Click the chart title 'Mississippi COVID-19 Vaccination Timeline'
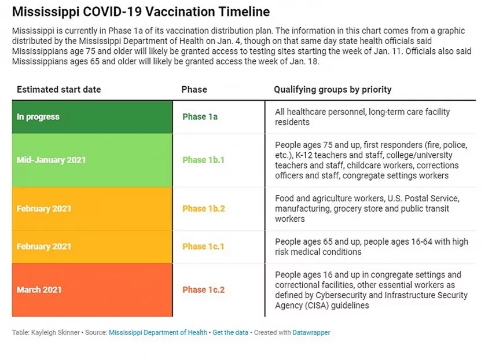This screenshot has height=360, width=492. click(x=141, y=12)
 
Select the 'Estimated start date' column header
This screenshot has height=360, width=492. click(x=59, y=90)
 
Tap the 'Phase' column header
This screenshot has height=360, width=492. click(x=194, y=90)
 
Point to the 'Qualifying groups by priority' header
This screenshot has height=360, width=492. click(x=333, y=90)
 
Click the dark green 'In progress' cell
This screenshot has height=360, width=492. click(x=92, y=117)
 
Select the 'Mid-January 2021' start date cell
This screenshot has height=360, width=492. click(x=92, y=160)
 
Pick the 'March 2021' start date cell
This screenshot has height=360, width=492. click(x=92, y=290)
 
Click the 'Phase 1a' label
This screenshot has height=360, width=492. click(x=200, y=117)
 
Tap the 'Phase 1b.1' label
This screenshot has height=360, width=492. click(x=203, y=160)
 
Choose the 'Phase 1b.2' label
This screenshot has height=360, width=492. click(x=204, y=209)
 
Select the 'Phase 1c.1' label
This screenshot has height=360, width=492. click(x=203, y=247)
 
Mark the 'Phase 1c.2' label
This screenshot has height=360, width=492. click(x=204, y=290)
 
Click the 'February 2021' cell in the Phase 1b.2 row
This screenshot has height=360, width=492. click(x=92, y=209)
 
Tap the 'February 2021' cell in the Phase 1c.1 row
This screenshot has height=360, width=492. click(x=92, y=247)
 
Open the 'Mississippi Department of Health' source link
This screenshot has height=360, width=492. click(x=158, y=333)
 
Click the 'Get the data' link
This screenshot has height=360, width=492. click(x=230, y=333)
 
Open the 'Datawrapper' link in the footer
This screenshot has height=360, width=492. click(x=311, y=333)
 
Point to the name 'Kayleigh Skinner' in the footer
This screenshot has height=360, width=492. click(x=55, y=333)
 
